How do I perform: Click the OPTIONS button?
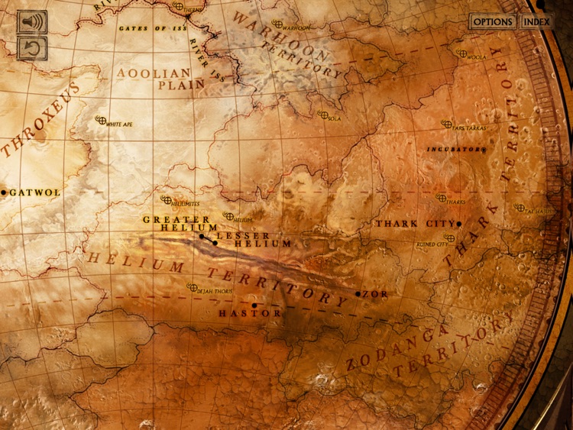tap(492, 21)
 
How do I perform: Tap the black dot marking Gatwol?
tap(4, 192)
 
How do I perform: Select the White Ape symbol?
tap(99, 120)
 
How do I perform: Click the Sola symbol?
tap(322, 115)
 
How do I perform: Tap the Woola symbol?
tap(461, 53)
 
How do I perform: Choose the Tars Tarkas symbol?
tap(447, 124)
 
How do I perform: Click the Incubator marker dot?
tap(484, 150)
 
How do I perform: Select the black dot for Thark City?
tap(459, 224)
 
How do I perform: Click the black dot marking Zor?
tap(358, 293)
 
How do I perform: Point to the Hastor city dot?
tap(254, 306)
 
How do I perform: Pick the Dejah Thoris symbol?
tap(192, 287)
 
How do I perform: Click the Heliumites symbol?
tap(166, 200)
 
